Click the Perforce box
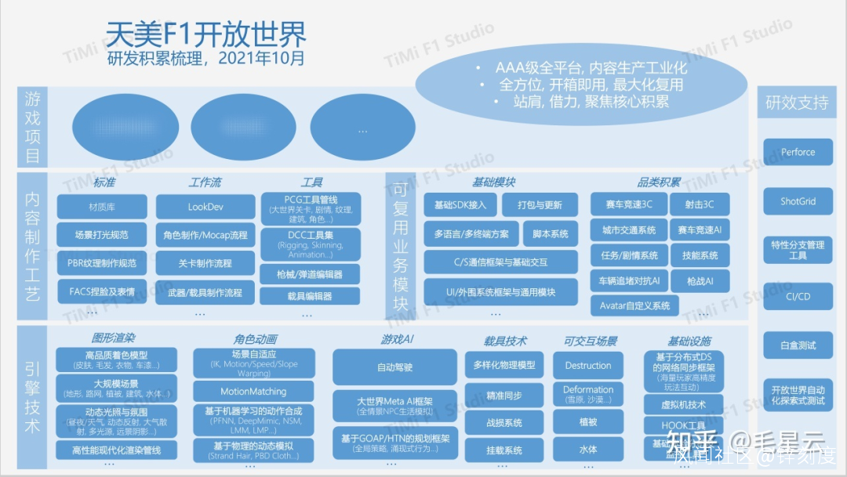point(798,152)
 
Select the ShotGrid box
point(798,201)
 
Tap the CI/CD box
point(798,297)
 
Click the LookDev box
point(205,207)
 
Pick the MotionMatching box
point(253,392)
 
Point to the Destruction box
point(587,365)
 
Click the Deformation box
point(587,394)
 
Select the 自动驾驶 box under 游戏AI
point(394,367)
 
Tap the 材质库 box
point(102,207)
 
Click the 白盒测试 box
point(798,345)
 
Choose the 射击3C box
point(700,205)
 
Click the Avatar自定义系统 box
point(634,305)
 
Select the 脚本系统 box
point(550,234)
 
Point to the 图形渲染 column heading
point(114,338)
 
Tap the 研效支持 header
point(797,103)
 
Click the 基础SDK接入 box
point(460,205)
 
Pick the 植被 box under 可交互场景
point(587,422)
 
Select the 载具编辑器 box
point(310,296)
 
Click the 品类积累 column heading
point(659,182)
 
